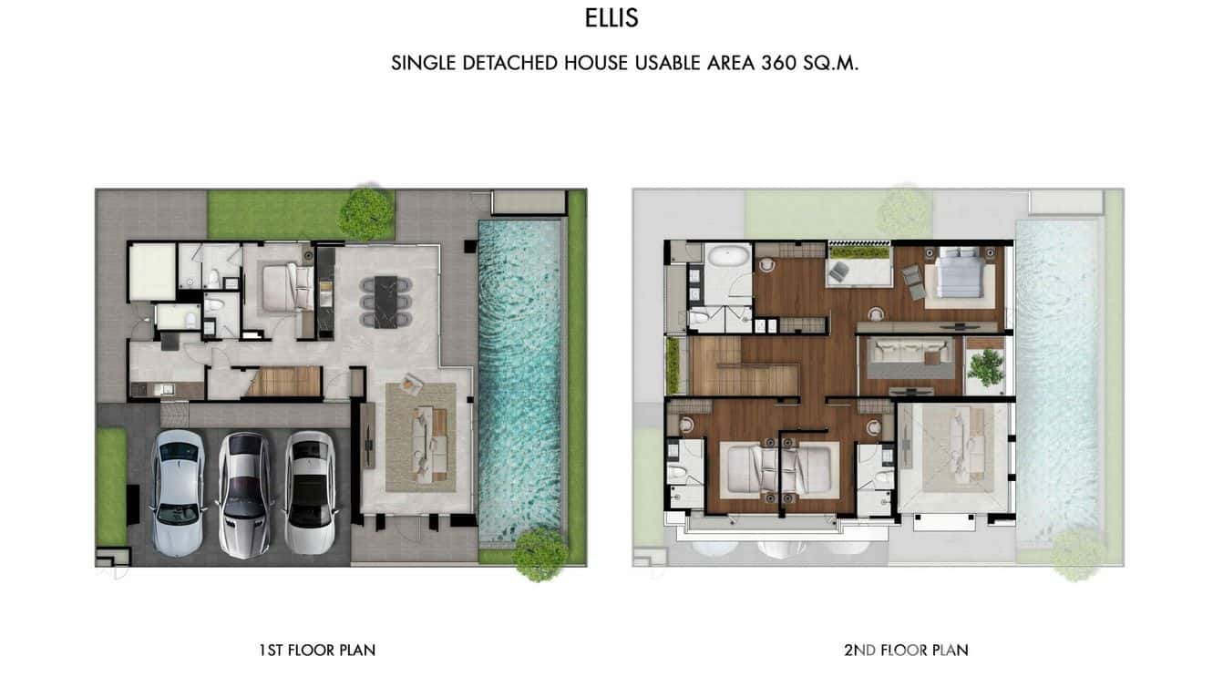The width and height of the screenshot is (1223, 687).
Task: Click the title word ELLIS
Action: pos(611,18)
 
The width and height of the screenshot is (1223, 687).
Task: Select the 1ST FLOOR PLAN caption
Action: pos(317,650)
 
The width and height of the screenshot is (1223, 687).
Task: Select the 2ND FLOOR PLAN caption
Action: pos(907,650)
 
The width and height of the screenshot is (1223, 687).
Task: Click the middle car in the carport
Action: pos(244,495)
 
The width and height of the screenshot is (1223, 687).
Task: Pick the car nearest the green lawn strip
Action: pos(179,493)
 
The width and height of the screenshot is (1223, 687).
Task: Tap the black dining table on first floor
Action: pos(386,302)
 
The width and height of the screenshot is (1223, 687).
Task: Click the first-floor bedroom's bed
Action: pos(288,288)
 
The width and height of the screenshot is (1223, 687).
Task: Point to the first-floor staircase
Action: pos(282,381)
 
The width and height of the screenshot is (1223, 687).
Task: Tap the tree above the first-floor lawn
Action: pos(366,213)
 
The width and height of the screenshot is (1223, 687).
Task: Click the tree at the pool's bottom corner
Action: pos(540,554)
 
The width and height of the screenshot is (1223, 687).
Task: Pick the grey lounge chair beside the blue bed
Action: pos(913,282)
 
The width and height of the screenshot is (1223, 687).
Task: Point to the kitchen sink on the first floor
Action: pos(167,389)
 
